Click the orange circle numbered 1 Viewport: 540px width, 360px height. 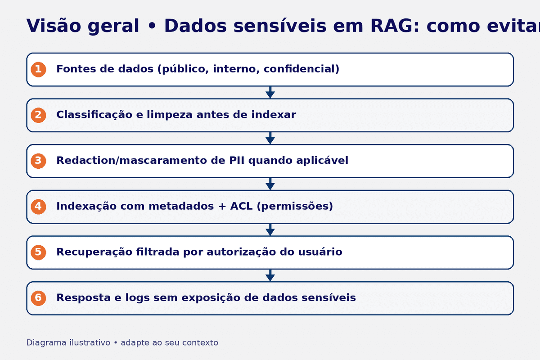(38, 69)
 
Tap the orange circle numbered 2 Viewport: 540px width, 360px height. (38, 115)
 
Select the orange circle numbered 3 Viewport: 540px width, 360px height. (38, 161)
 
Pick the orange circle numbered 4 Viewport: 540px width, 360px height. (38, 207)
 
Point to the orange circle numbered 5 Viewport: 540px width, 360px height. (38, 252)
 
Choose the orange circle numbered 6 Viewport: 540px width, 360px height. (38, 298)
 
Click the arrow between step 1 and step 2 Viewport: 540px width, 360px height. (270, 93)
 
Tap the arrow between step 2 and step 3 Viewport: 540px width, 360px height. (270, 138)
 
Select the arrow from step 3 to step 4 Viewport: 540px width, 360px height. (270, 184)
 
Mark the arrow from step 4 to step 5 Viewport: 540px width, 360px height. (270, 229)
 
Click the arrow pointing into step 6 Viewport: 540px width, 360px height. (270, 275)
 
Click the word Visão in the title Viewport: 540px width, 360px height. (53, 26)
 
